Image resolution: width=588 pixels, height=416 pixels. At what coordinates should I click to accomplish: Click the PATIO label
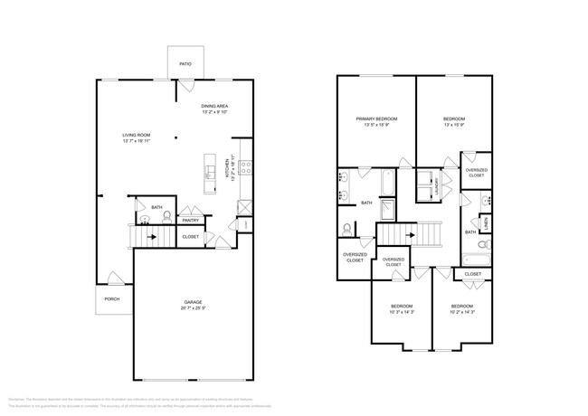click(185, 64)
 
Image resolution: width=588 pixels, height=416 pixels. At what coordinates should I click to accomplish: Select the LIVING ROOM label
click(137, 136)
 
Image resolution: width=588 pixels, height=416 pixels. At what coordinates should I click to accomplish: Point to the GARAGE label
click(193, 302)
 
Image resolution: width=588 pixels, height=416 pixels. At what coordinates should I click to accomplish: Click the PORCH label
click(112, 298)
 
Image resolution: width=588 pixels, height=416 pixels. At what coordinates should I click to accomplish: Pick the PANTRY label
click(191, 220)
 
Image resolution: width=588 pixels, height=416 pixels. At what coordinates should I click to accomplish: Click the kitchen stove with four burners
click(242, 166)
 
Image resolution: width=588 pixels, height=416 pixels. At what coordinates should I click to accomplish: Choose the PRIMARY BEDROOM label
click(375, 119)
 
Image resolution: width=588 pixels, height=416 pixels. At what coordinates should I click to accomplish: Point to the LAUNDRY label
click(436, 189)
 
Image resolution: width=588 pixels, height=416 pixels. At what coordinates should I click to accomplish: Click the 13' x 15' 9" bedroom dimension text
click(454, 125)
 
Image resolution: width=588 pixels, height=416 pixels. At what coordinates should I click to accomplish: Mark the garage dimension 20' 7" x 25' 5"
click(193, 308)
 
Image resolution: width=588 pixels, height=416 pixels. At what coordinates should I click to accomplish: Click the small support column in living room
click(176, 138)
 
